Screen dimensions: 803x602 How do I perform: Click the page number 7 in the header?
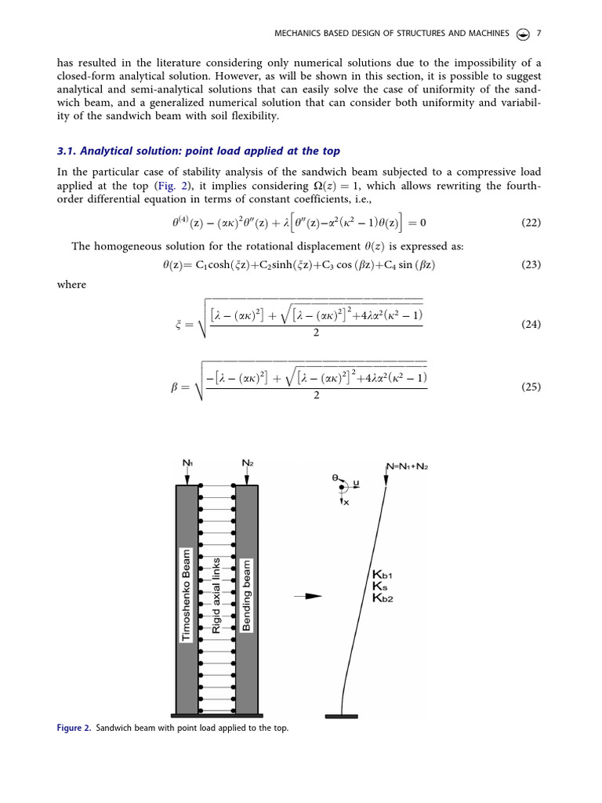click(x=539, y=33)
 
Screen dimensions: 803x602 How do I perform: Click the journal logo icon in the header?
click(x=523, y=33)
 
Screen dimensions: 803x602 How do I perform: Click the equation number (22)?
click(x=531, y=223)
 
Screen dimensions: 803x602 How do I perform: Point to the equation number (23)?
click(x=531, y=265)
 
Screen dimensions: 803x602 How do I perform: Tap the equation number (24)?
click(x=531, y=324)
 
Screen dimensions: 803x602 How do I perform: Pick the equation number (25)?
click(x=531, y=387)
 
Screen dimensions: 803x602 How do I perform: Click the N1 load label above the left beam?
click(x=188, y=463)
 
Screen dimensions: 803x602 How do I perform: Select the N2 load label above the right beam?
click(x=247, y=463)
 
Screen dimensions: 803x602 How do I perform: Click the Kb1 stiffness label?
click(x=383, y=575)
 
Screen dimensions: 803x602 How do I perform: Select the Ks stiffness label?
click(x=379, y=586)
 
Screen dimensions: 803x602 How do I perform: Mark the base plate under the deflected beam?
click(x=342, y=715)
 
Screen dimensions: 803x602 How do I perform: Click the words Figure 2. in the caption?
click(x=74, y=729)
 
